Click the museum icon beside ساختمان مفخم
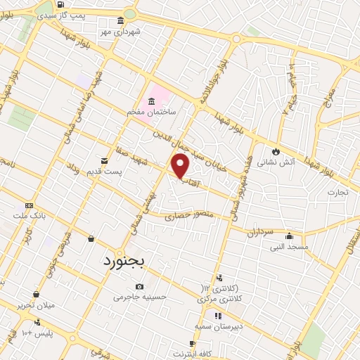pyautogui.click(x=152, y=101)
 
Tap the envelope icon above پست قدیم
pyautogui.click(x=105, y=160)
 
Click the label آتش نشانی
pyautogui.click(x=276, y=162)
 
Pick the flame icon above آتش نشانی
pyautogui.click(x=276, y=150)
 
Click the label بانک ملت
pyautogui.click(x=34, y=216)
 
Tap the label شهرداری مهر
pyautogui.click(x=120, y=32)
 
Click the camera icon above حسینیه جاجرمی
pyautogui.click(x=140, y=286)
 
